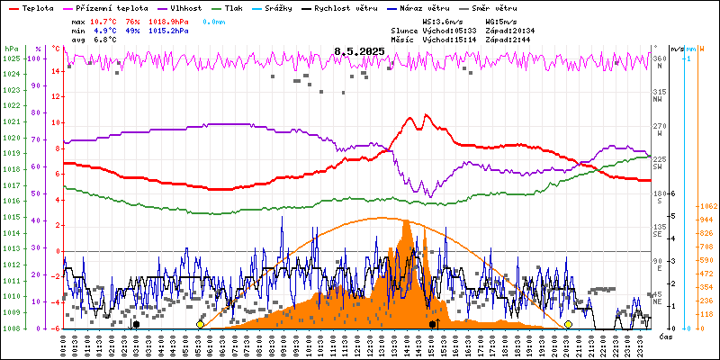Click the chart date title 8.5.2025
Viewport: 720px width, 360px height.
pyautogui.click(x=359, y=51)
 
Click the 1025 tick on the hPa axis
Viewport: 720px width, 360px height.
pyautogui.click(x=11, y=58)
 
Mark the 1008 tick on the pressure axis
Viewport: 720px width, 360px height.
pyautogui.click(x=11, y=328)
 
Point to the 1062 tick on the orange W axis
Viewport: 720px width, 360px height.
pyautogui.click(x=707, y=206)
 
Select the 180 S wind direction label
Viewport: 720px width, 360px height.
pyautogui.click(x=659, y=193)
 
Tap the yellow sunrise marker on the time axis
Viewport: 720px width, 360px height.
pyautogui.click(x=200, y=324)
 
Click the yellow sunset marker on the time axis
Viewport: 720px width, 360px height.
pyautogui.click(x=568, y=324)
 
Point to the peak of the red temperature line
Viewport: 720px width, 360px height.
pyautogui.click(x=410, y=116)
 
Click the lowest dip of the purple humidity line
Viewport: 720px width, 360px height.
pyautogui.click(x=430, y=195)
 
